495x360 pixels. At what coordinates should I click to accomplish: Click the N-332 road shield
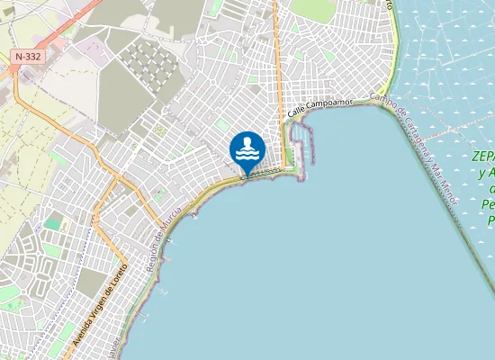click(25, 56)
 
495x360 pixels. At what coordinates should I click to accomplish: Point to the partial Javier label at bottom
click(112, 354)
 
